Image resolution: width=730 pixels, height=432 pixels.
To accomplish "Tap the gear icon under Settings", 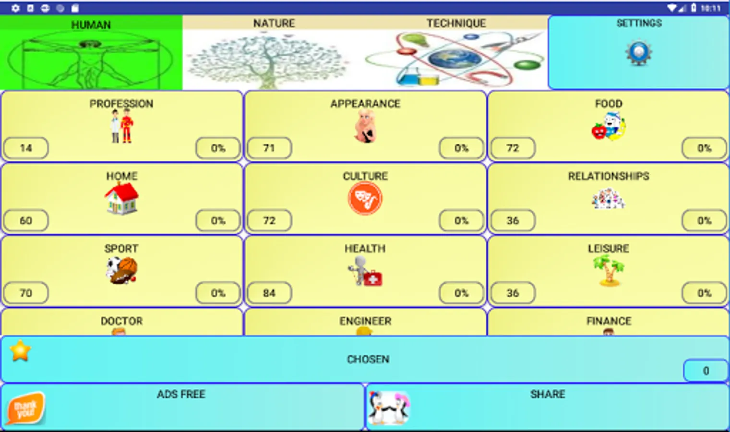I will click(638, 53).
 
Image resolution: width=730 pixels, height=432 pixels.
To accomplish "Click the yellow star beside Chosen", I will click(20, 350).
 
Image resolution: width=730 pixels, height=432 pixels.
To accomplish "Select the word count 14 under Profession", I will click(26, 148).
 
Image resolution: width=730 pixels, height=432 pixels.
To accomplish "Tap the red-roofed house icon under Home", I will click(121, 199).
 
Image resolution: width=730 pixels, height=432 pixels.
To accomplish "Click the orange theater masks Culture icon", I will click(365, 199).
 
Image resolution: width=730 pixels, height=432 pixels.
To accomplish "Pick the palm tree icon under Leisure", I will click(608, 270).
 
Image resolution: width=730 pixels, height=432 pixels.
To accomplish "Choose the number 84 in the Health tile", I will click(269, 293).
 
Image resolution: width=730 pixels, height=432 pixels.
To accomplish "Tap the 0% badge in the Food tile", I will click(704, 148).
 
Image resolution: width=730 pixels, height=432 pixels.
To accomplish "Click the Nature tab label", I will click(274, 23).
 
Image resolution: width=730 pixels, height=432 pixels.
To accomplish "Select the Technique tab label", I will click(456, 23).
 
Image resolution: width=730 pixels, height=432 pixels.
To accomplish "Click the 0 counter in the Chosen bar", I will click(706, 371).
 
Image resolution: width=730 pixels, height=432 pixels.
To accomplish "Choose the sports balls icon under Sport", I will click(121, 270).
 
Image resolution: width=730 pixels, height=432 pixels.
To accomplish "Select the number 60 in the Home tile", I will click(26, 220).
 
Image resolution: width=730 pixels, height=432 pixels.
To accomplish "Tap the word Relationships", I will click(608, 176).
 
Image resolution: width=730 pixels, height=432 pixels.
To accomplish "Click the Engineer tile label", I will click(365, 321).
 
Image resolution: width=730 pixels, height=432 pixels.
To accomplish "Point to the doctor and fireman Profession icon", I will click(121, 126).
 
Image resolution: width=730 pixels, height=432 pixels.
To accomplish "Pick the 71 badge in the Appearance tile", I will click(269, 148).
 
